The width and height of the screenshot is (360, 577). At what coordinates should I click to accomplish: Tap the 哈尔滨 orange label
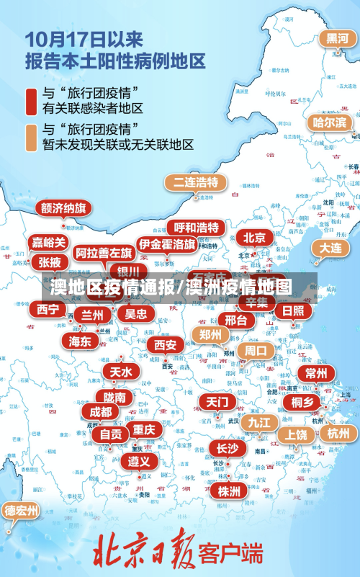coord(329,122)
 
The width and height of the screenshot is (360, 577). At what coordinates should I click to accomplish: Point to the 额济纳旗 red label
coord(63,209)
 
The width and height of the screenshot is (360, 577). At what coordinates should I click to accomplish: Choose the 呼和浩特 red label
coord(196,228)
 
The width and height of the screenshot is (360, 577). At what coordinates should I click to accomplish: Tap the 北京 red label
coord(254,238)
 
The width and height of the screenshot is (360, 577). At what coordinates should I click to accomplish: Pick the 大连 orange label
coord(330,248)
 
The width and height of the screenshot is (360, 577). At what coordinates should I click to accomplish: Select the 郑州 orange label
coord(211,334)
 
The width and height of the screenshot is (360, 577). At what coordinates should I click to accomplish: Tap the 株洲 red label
coord(229,491)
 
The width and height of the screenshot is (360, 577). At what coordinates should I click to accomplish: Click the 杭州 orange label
coord(337,433)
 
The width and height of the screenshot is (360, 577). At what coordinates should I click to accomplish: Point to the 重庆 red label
coord(144,429)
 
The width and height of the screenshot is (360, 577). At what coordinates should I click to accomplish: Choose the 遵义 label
coord(139,461)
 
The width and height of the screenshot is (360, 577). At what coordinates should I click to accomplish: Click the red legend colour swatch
coord(32,101)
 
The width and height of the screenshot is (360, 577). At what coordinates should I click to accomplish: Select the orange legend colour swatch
coord(32,138)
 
